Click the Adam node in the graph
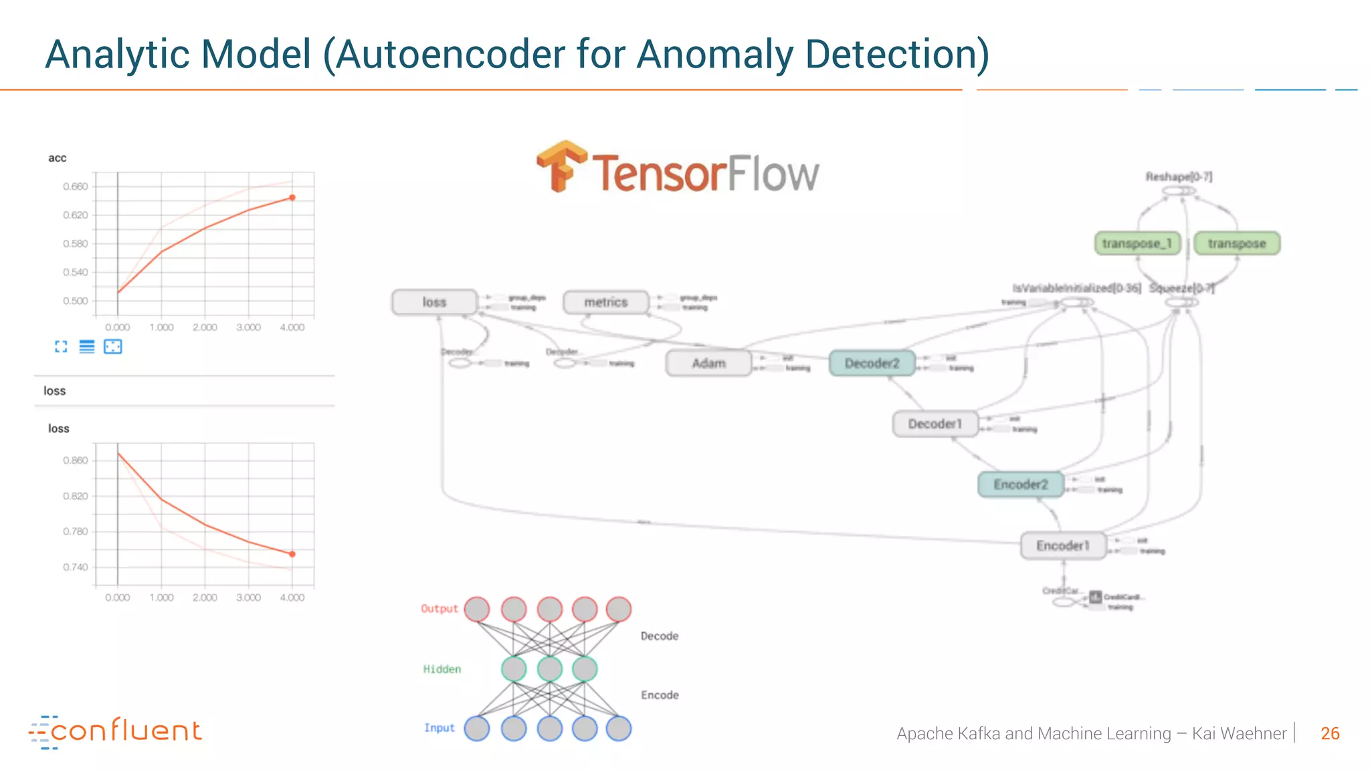coord(708,363)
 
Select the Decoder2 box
coord(872,363)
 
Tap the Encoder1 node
coord(1062,545)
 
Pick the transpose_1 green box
coord(1137,243)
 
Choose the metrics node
coord(605,302)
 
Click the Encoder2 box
coord(1020,485)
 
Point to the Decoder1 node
coord(935,424)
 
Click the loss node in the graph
coord(434,302)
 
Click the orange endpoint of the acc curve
coord(292,198)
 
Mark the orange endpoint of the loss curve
coord(292,554)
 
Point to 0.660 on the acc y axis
coord(76,186)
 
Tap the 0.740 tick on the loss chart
coord(76,567)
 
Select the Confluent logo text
coord(126,731)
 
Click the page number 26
coord(1330,733)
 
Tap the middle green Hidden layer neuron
coord(549,669)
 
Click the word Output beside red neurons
coord(439,609)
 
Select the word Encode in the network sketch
coord(660,695)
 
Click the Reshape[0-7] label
coord(1179,176)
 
